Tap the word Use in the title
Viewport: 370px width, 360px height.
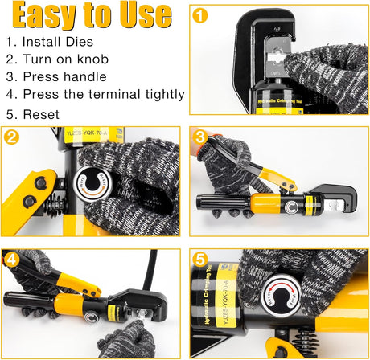click(142, 15)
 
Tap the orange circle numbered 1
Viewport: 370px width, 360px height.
click(200, 16)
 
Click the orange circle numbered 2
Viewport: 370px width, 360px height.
click(11, 136)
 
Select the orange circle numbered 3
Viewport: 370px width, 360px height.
click(200, 137)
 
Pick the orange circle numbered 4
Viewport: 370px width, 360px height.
click(11, 259)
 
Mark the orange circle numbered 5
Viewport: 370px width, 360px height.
click(200, 259)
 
